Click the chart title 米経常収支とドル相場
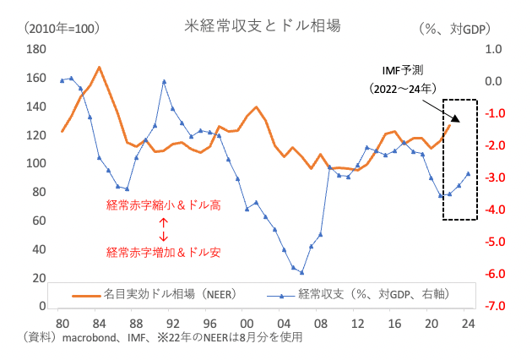263,26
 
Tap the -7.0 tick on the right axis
495,306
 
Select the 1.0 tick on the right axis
496,50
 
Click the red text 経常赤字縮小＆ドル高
163,205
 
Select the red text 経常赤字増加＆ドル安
163,252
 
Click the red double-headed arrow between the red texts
163,228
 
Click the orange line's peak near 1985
100,67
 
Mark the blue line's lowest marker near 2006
301,272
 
